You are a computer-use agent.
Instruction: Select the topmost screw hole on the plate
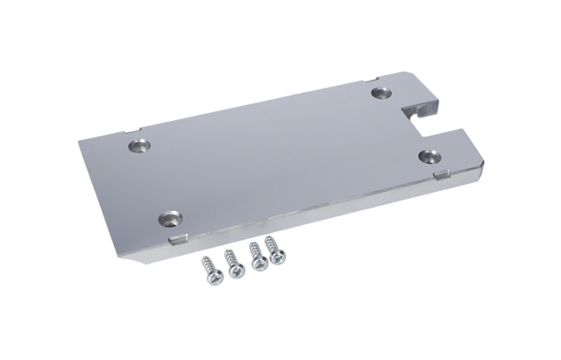pyautogui.click(x=381, y=91)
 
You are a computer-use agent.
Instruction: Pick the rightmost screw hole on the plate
pyautogui.click(x=429, y=156)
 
